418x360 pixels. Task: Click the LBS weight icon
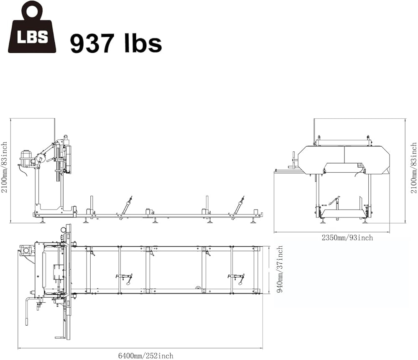tap(32, 28)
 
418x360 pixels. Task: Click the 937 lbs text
tap(116, 43)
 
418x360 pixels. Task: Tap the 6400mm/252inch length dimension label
tap(145, 356)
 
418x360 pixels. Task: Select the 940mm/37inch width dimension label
tap(280, 269)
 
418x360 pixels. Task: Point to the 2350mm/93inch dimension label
tap(347, 237)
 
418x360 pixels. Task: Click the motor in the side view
tap(26, 157)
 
